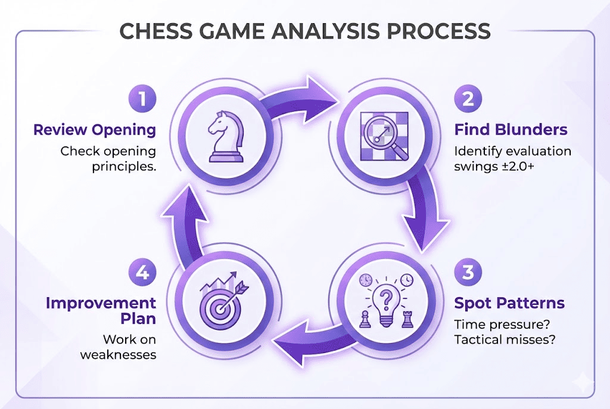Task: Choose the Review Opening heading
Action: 95,130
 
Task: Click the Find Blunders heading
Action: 511,130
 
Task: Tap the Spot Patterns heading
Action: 509,303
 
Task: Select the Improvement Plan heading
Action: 101,310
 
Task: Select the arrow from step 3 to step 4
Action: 304,348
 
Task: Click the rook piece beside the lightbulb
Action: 407,319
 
